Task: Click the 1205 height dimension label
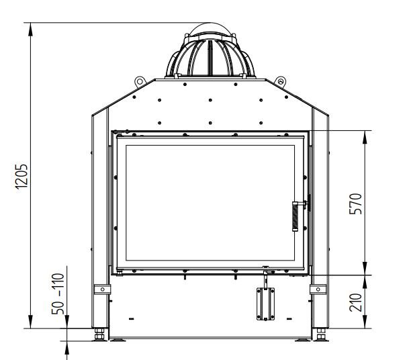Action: pos(21,177)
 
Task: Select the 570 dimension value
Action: pos(355,204)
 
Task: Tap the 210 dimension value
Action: pos(355,302)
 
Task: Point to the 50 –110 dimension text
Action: pos(58,294)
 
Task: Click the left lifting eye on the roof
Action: pos(140,81)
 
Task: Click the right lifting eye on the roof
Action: pos(280,81)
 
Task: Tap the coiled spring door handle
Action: pos(295,216)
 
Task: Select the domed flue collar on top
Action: pos(210,52)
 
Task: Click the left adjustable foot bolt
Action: pos(99,334)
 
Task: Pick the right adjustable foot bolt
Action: pos(320,334)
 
